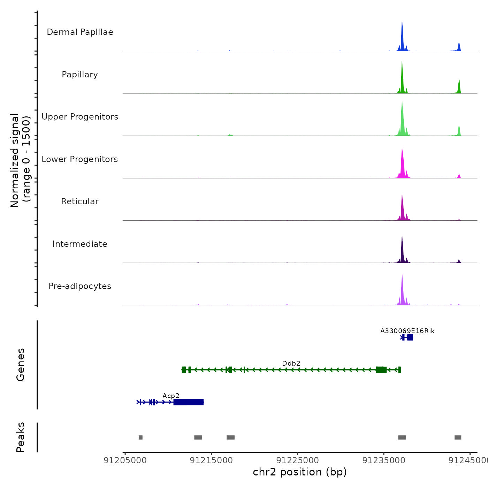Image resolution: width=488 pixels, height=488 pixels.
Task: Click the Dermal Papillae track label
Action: tap(80, 32)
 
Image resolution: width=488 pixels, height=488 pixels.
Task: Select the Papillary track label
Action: tap(80, 75)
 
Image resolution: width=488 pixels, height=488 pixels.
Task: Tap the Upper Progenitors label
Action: tap(80, 117)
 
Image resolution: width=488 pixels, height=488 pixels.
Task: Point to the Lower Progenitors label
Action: tap(80, 159)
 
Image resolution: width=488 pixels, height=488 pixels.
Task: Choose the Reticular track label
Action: tap(80, 201)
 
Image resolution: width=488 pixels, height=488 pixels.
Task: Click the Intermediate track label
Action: tap(80, 244)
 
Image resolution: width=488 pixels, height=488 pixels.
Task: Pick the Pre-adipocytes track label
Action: tap(80, 286)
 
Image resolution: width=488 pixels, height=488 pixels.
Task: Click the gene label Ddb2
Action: tap(291, 363)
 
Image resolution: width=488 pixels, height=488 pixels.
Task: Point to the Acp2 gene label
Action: tap(171, 396)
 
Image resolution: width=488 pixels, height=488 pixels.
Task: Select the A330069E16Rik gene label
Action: tap(407, 331)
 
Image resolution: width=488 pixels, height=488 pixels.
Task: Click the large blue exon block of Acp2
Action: tap(189, 402)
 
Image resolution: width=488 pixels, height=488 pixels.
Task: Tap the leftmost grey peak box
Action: tap(140, 437)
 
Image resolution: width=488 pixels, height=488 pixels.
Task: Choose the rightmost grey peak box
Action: tap(458, 437)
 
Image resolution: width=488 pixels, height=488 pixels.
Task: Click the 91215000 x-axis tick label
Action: tap(211, 460)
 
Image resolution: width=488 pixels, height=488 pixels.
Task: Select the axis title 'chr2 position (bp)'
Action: tap(300, 472)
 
